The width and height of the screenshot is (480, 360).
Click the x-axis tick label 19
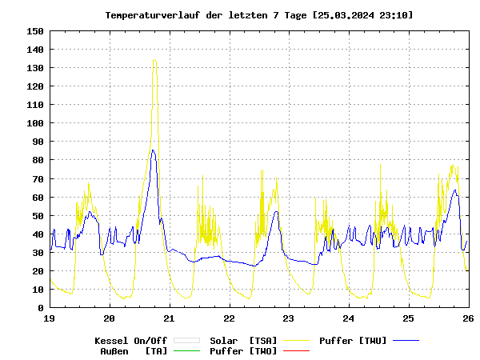click(x=50, y=318)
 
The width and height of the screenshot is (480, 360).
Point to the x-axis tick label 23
click(x=289, y=318)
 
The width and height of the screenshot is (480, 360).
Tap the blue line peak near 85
click(x=153, y=150)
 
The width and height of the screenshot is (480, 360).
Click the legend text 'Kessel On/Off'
click(x=130, y=341)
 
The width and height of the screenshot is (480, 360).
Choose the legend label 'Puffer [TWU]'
click(x=353, y=341)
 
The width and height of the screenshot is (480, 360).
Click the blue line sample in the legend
click(x=406, y=341)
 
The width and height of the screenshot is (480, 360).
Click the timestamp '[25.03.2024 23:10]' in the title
click(x=364, y=15)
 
